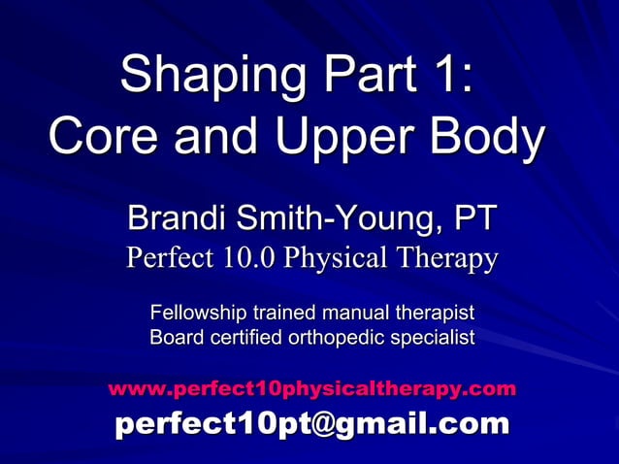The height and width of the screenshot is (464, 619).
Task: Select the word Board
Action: click(175, 339)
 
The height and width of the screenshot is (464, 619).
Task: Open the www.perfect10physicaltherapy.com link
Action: click(311, 389)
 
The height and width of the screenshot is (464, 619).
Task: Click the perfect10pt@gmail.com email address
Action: click(311, 423)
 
